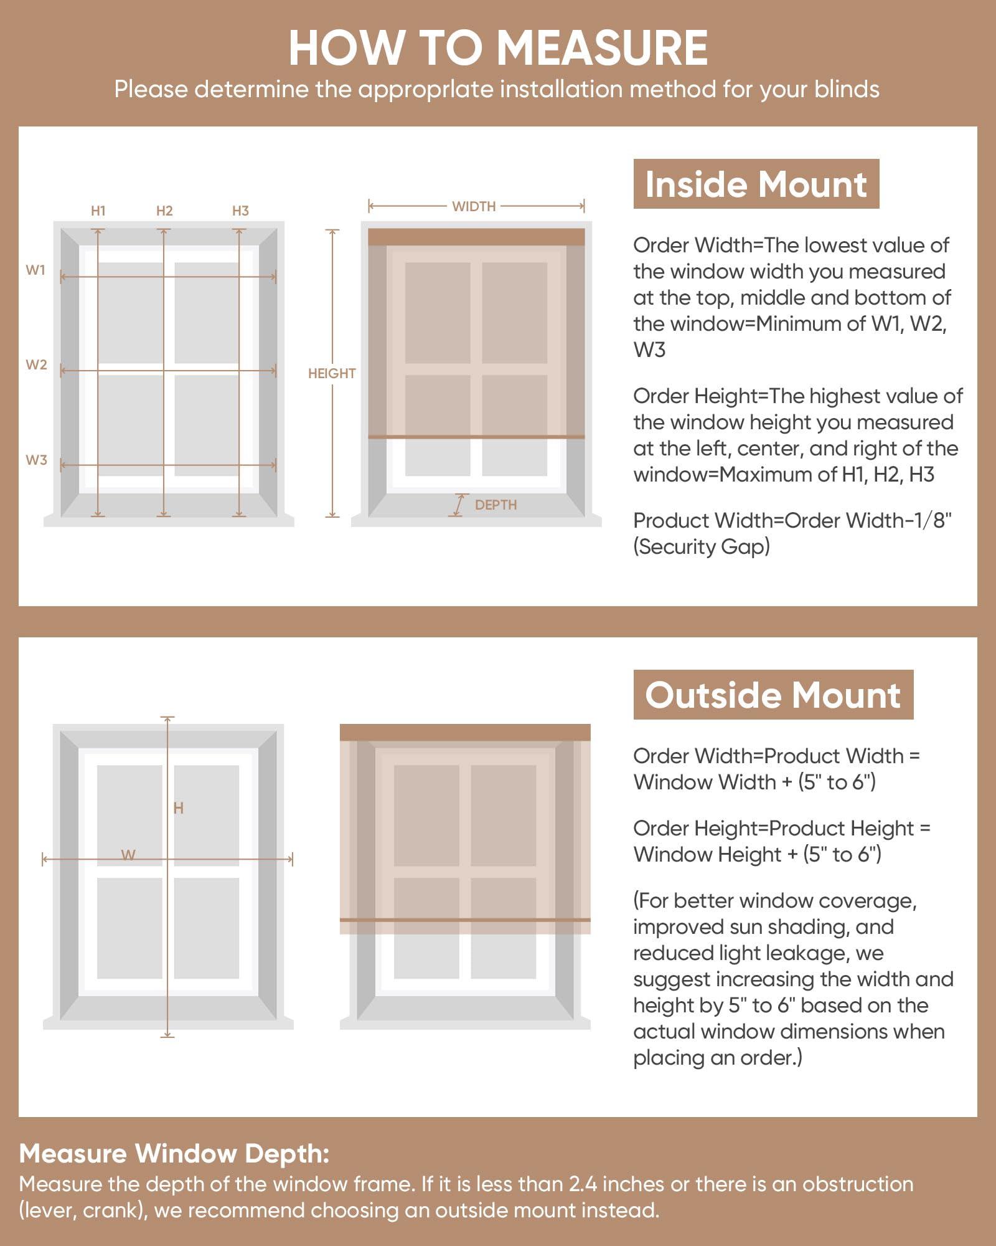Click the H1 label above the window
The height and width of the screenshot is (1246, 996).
pyautogui.click(x=98, y=211)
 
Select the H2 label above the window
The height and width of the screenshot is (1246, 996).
pyautogui.click(x=164, y=211)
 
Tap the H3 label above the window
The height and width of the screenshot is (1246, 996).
pyautogui.click(x=240, y=211)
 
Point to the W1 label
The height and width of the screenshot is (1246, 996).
pyautogui.click(x=36, y=270)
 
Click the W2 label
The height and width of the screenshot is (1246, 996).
pyautogui.click(x=36, y=364)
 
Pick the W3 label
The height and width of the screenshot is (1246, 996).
pyautogui.click(x=36, y=460)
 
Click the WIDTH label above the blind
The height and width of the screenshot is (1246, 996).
pyautogui.click(x=474, y=206)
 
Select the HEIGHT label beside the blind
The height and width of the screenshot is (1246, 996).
pyautogui.click(x=332, y=373)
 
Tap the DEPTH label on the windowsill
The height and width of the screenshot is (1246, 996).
pyautogui.click(x=496, y=505)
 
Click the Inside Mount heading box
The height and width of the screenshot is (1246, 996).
pyautogui.click(x=756, y=184)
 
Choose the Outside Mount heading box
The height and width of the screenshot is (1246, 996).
pyautogui.click(x=773, y=695)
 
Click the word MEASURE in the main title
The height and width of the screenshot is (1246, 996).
pyautogui.click(x=602, y=48)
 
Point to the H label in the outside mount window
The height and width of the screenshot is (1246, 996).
pyautogui.click(x=179, y=808)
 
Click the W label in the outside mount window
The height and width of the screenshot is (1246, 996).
pyautogui.click(x=128, y=855)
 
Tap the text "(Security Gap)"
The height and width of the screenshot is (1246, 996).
pyautogui.click(x=702, y=546)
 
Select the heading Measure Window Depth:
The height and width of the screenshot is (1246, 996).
pyautogui.click(x=174, y=1154)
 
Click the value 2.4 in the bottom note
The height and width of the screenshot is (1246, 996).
pyautogui.click(x=583, y=1184)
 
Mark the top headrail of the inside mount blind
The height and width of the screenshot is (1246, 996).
pyautogui.click(x=476, y=237)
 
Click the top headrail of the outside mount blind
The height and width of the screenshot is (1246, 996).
pyautogui.click(x=465, y=732)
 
